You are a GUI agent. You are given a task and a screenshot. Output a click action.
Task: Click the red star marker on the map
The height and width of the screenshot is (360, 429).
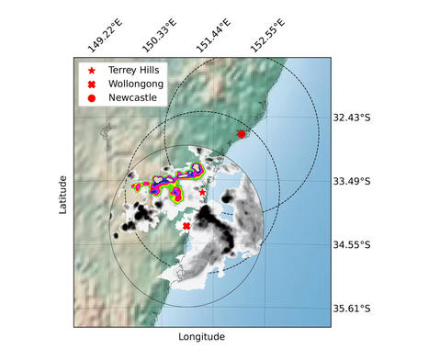(202, 192)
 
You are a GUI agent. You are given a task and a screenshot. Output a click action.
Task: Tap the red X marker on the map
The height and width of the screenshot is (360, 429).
(186, 226)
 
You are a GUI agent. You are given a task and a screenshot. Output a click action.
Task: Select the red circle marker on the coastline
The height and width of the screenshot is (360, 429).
(242, 134)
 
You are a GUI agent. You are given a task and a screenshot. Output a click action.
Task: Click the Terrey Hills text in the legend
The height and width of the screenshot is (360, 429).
(136, 70)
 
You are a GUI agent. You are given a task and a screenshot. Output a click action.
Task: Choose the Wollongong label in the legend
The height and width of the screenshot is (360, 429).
(136, 84)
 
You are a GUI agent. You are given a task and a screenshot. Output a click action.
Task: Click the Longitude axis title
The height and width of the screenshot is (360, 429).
(201, 337)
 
